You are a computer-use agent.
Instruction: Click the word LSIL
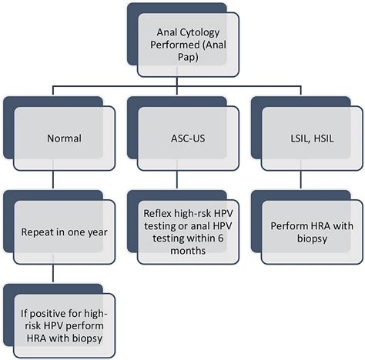point(290,139)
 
